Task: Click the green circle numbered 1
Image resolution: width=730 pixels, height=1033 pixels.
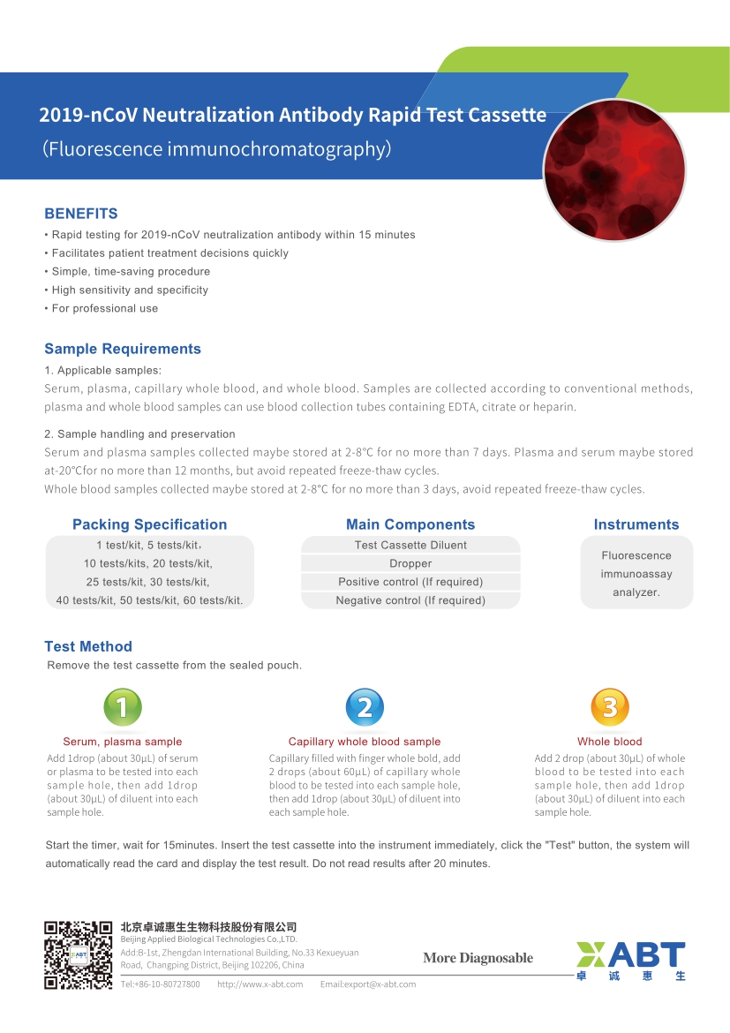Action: pyautogui.click(x=123, y=706)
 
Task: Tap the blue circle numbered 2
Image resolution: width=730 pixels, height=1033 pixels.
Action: pyautogui.click(x=365, y=706)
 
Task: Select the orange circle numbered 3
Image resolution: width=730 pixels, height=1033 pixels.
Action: pyautogui.click(x=609, y=706)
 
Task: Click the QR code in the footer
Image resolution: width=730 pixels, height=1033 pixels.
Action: pyautogui.click(x=79, y=954)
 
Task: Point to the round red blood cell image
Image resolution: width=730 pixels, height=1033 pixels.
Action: pyautogui.click(x=614, y=170)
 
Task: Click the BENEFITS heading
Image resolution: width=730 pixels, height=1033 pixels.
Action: pyautogui.click(x=81, y=214)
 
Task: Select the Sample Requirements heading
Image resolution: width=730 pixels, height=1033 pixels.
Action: pyautogui.click(x=123, y=349)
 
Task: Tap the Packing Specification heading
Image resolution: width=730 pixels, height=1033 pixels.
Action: pyautogui.click(x=149, y=524)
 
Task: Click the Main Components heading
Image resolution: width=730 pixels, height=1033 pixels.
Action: pyautogui.click(x=410, y=524)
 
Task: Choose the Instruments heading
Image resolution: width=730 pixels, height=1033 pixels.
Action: pyautogui.click(x=636, y=524)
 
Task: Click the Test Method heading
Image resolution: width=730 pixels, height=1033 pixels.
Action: pyautogui.click(x=88, y=646)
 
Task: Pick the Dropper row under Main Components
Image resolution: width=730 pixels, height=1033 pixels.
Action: pyautogui.click(x=410, y=563)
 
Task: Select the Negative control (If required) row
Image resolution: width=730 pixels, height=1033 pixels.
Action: pyautogui.click(x=410, y=600)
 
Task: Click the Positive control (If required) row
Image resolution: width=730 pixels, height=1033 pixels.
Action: pyautogui.click(x=410, y=582)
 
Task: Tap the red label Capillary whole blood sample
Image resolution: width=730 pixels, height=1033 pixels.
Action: pyautogui.click(x=365, y=742)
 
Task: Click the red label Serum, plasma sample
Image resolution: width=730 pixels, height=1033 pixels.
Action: pyautogui.click(x=123, y=742)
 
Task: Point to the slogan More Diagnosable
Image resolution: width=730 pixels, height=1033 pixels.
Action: pyautogui.click(x=478, y=958)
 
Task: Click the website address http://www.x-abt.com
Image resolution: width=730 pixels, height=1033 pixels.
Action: pyautogui.click(x=260, y=984)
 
